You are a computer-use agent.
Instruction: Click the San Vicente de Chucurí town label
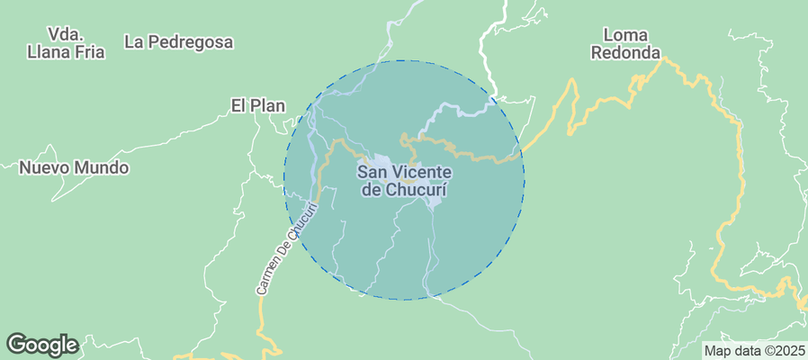point(404,180)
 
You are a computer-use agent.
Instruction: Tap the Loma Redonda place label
point(625,43)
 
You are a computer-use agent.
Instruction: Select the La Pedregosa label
point(179,41)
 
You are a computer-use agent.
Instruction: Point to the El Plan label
point(257,105)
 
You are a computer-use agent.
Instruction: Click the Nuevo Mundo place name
point(74,167)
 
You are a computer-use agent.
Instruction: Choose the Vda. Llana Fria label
point(66,42)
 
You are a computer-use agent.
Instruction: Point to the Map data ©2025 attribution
point(754,350)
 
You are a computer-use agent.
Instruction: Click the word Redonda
point(625,52)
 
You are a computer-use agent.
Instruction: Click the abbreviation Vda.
point(67,33)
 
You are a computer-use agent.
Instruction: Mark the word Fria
point(87,52)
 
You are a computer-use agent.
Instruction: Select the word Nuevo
point(44,167)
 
